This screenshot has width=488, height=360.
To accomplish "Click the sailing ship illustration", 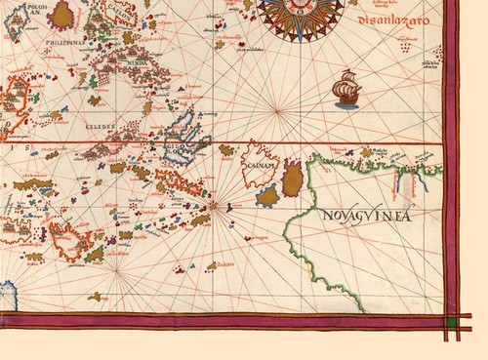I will coord(346,89).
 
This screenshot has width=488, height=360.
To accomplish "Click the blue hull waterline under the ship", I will coord(346,101).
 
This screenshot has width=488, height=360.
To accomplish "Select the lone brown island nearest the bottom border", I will coord(95,295).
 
